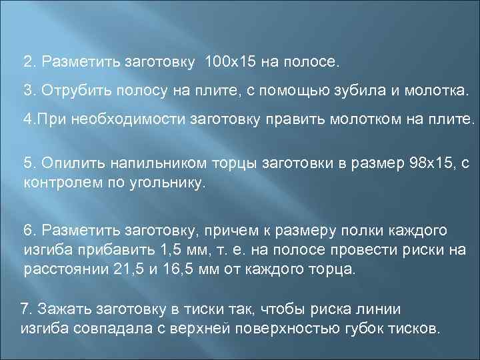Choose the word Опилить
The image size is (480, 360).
(65, 164)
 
